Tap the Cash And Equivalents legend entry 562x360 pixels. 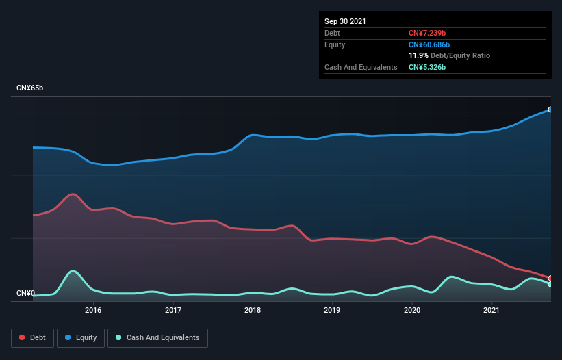pos(157,337)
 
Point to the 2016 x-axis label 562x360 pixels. pos(93,310)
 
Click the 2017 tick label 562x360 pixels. pos(173,310)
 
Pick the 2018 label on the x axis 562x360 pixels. pos(253,310)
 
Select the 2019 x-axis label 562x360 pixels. pos(332,310)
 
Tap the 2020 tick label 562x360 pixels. pos(412,310)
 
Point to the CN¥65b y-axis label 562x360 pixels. pos(31,88)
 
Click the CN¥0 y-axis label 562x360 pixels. pos(25,293)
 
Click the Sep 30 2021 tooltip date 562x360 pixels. pos(345,21)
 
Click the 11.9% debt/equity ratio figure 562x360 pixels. pos(418,55)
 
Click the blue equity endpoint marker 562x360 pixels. pos(550,110)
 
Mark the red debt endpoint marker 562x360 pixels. pos(550,278)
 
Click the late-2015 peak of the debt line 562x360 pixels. pos(73,194)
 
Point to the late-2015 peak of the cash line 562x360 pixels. pos(73,271)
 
